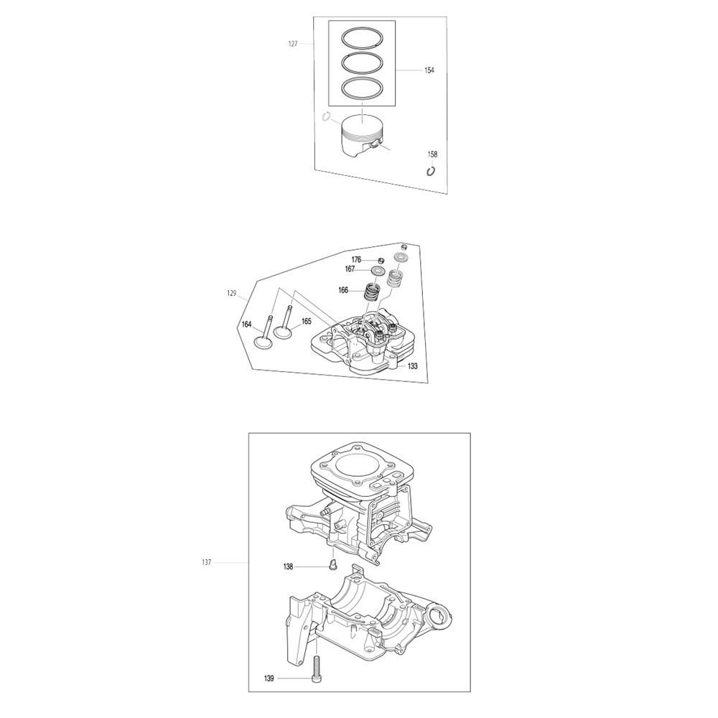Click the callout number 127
pyautogui.click(x=293, y=44)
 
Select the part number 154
pyautogui.click(x=429, y=70)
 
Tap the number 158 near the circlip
pyautogui.click(x=432, y=154)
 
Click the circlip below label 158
pyautogui.click(x=430, y=171)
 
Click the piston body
pyautogui.click(x=362, y=134)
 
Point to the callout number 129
pyautogui.click(x=232, y=294)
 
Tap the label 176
pyautogui.click(x=356, y=260)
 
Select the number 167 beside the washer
pyautogui.click(x=350, y=269)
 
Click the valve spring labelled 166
pyautogui.click(x=373, y=293)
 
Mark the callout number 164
pyautogui.click(x=247, y=325)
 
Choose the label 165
pyautogui.click(x=307, y=322)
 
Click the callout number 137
pyautogui.click(x=206, y=562)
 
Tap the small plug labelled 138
pyautogui.click(x=333, y=565)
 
